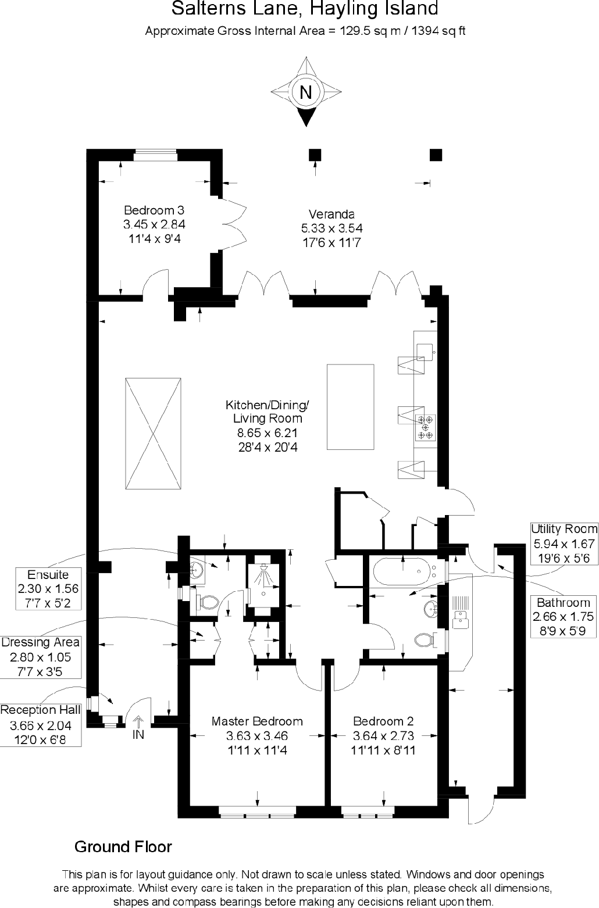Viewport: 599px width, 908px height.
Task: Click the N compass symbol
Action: pos(305,92)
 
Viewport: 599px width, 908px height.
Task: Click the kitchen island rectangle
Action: pos(350,407)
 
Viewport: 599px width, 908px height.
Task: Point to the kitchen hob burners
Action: pos(425,427)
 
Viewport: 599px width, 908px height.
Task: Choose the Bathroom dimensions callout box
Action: pos(563,617)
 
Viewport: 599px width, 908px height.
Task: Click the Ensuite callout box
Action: pos(48,589)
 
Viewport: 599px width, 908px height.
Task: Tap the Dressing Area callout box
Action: pos(40,657)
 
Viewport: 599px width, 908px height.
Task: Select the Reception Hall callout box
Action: pos(40,725)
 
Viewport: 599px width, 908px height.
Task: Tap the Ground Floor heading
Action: pos(123,846)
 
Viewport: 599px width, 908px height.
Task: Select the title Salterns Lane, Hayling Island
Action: pos(305,9)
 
